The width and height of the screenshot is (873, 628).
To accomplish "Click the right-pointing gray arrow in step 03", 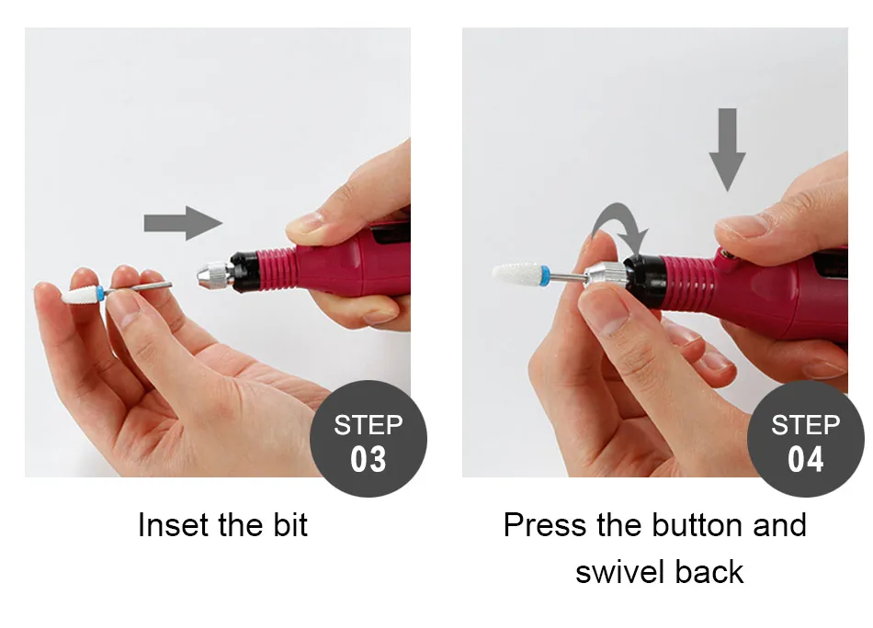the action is click(x=183, y=223).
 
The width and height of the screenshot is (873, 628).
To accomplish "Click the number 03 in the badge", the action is click(x=368, y=459).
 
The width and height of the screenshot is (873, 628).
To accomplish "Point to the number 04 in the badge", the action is click(x=806, y=459).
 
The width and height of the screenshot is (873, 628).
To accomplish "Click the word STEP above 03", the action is click(x=368, y=425).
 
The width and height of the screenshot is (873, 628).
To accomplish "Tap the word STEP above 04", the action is click(x=806, y=425).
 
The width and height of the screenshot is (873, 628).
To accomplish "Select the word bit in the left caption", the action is click(x=290, y=524).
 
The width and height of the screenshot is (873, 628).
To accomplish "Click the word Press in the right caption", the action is click(x=545, y=524).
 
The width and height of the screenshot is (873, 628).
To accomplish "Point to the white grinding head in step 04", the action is click(x=516, y=273).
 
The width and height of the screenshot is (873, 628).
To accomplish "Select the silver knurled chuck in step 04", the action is click(x=606, y=275).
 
